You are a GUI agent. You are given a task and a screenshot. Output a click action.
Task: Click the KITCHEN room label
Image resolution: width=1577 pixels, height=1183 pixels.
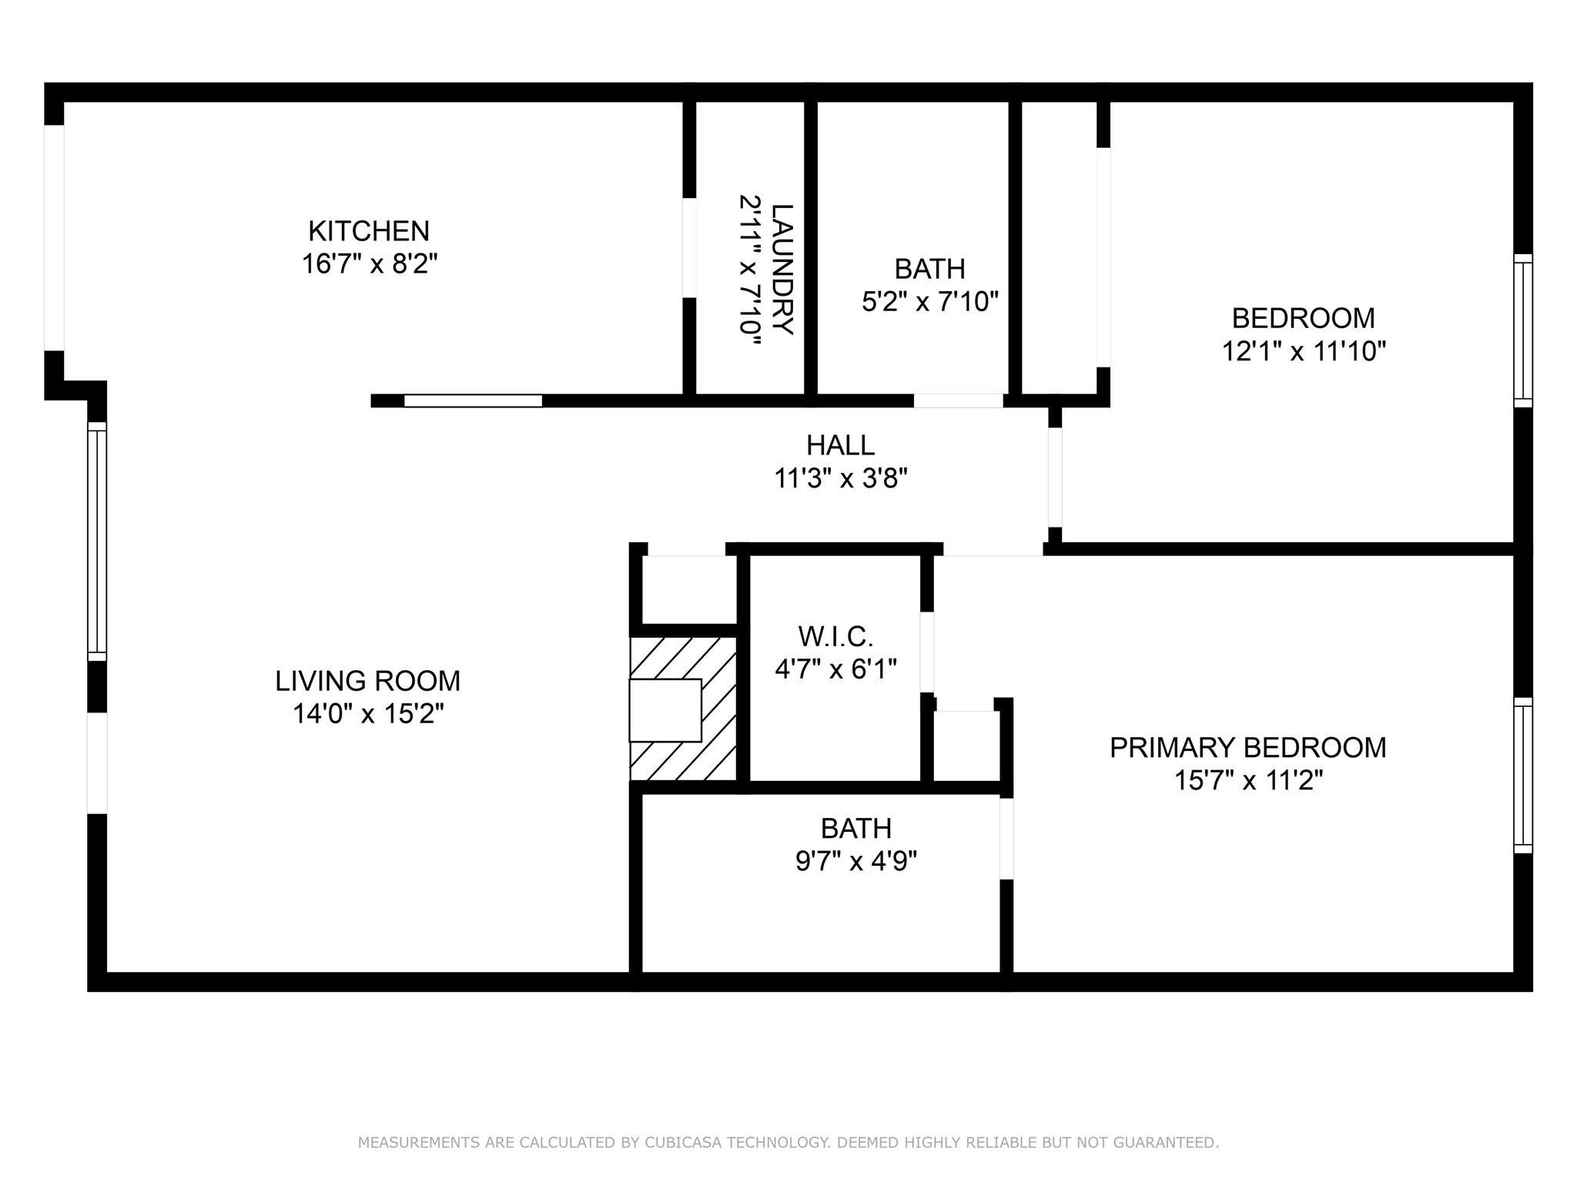(368, 231)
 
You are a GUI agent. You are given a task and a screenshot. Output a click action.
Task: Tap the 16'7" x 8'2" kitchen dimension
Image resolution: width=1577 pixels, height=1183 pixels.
(369, 264)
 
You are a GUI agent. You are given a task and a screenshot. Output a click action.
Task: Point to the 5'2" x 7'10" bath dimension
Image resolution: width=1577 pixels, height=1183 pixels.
(929, 302)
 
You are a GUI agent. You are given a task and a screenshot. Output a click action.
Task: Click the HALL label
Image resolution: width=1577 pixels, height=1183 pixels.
(840, 445)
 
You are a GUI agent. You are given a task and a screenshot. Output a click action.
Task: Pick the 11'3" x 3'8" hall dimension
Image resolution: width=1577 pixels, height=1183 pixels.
(840, 479)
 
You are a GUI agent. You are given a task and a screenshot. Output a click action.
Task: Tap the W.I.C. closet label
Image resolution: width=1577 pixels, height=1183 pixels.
(835, 636)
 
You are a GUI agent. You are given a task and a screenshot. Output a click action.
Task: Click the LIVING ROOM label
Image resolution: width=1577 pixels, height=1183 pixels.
(367, 681)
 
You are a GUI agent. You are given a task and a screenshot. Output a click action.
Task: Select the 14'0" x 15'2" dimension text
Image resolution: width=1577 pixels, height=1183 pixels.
(368, 714)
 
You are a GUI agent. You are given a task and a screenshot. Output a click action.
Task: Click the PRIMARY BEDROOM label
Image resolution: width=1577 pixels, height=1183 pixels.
(1247, 748)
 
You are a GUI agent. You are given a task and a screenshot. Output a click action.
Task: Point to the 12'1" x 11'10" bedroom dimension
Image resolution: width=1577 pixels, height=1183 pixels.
(1303, 352)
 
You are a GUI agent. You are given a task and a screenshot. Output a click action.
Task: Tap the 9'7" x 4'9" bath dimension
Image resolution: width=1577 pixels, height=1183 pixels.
(855, 860)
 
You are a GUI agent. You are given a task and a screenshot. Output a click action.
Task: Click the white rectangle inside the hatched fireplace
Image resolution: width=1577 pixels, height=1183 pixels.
(665, 710)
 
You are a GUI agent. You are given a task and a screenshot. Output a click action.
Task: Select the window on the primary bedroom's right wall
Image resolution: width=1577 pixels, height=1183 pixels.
(1522, 776)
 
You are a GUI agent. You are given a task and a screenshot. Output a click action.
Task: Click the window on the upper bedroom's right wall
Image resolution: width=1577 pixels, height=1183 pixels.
(1522, 330)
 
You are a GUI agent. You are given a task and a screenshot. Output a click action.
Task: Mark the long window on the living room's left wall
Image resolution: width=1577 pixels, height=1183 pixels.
(96, 541)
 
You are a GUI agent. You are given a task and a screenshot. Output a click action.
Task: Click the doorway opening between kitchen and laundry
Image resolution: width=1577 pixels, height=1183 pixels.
(689, 248)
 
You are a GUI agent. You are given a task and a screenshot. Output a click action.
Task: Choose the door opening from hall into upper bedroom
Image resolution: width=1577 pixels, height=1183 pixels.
(1055, 478)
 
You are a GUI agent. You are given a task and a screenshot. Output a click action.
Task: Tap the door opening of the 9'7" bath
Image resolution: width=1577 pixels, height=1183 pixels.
(1006, 839)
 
